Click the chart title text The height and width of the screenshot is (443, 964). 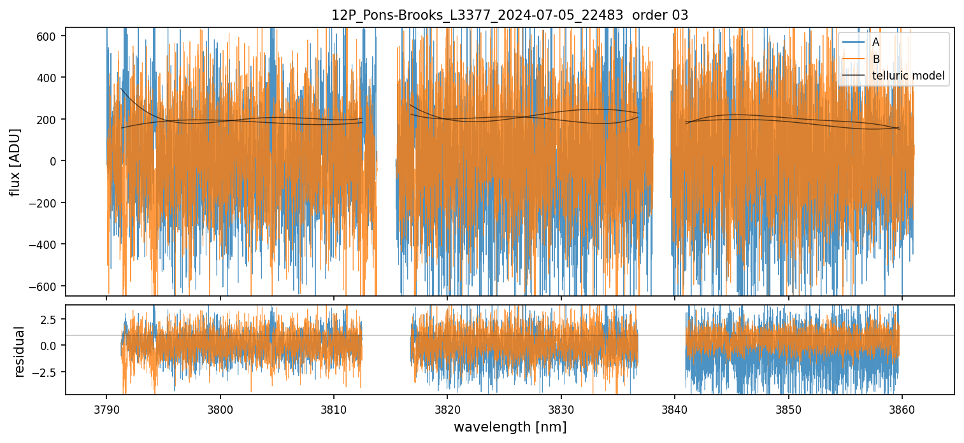(510, 15)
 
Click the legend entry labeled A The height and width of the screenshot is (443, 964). (875, 42)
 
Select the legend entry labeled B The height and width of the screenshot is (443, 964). (875, 59)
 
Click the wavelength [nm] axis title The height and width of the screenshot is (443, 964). (510, 426)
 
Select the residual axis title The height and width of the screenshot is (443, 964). (19, 351)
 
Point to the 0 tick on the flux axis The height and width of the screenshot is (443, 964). (55, 162)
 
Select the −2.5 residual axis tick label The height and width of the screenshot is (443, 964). (47, 372)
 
